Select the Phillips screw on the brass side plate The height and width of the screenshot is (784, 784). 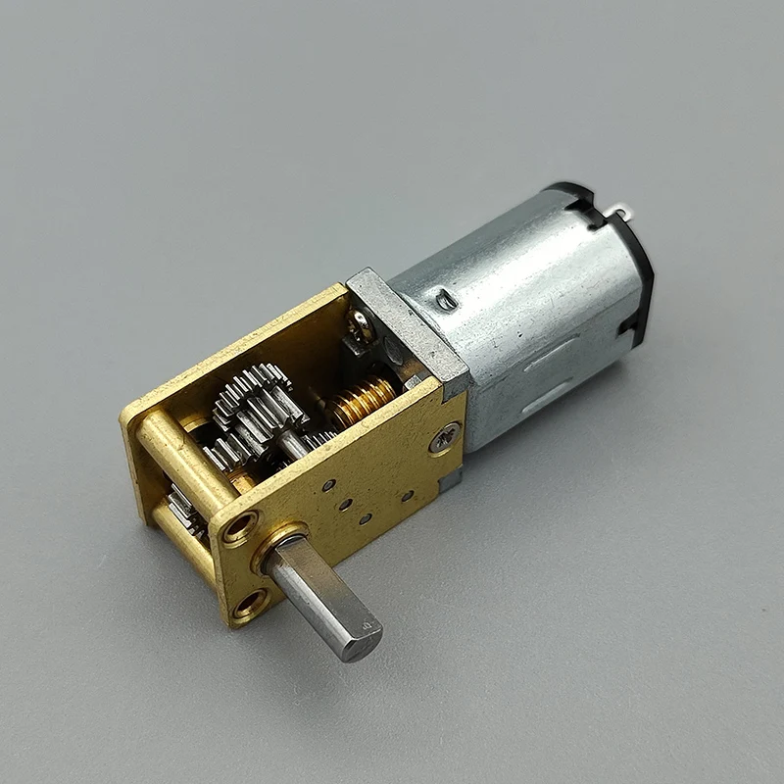coord(444,437)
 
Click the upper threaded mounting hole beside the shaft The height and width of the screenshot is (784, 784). coord(238,530)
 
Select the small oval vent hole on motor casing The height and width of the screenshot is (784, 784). coord(447,301)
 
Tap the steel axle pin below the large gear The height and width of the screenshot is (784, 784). coord(294,446)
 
